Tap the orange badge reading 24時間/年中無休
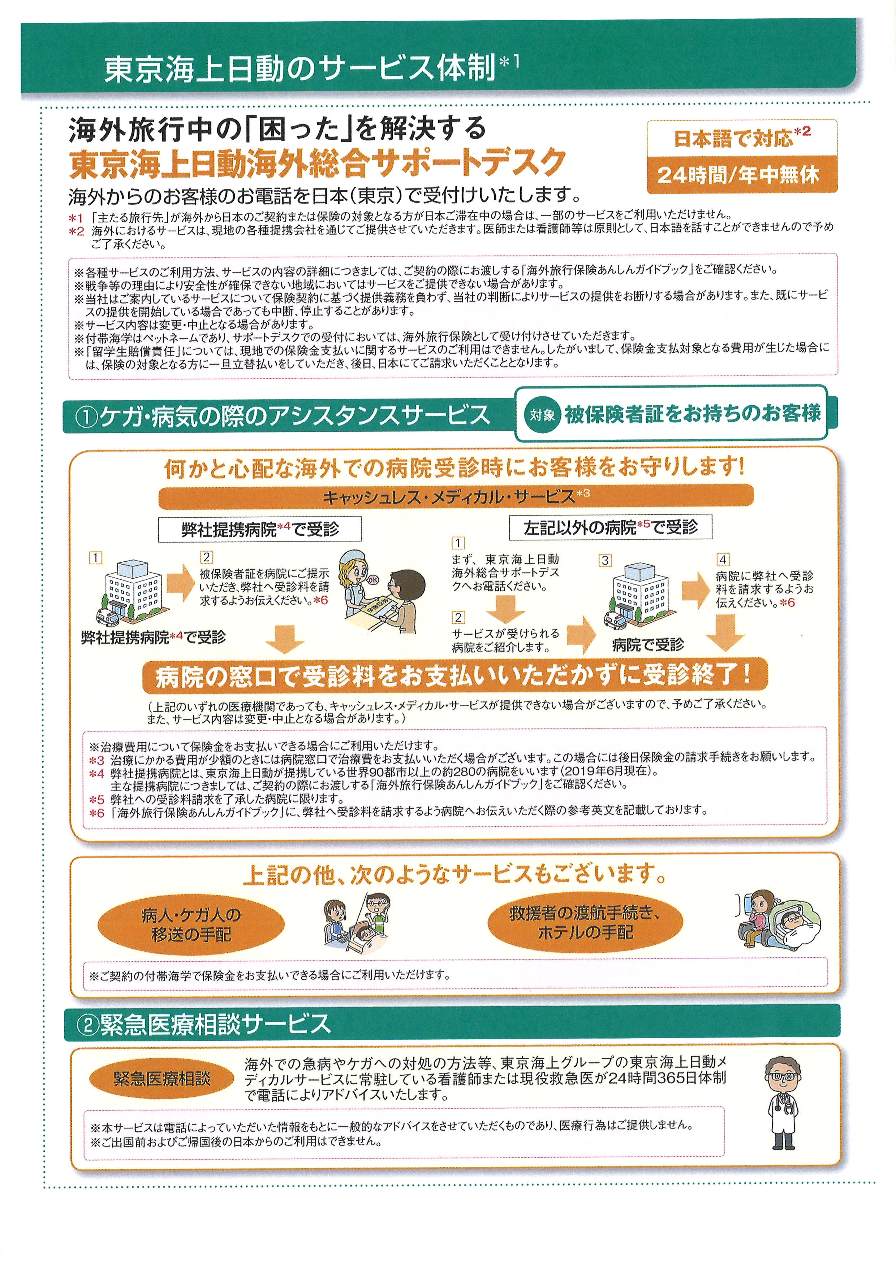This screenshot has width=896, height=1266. click(x=742, y=175)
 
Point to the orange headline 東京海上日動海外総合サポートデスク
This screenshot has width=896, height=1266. click(x=318, y=163)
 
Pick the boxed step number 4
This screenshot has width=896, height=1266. click(x=722, y=560)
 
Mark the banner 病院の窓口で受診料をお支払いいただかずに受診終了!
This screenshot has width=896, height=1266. click(x=455, y=676)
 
